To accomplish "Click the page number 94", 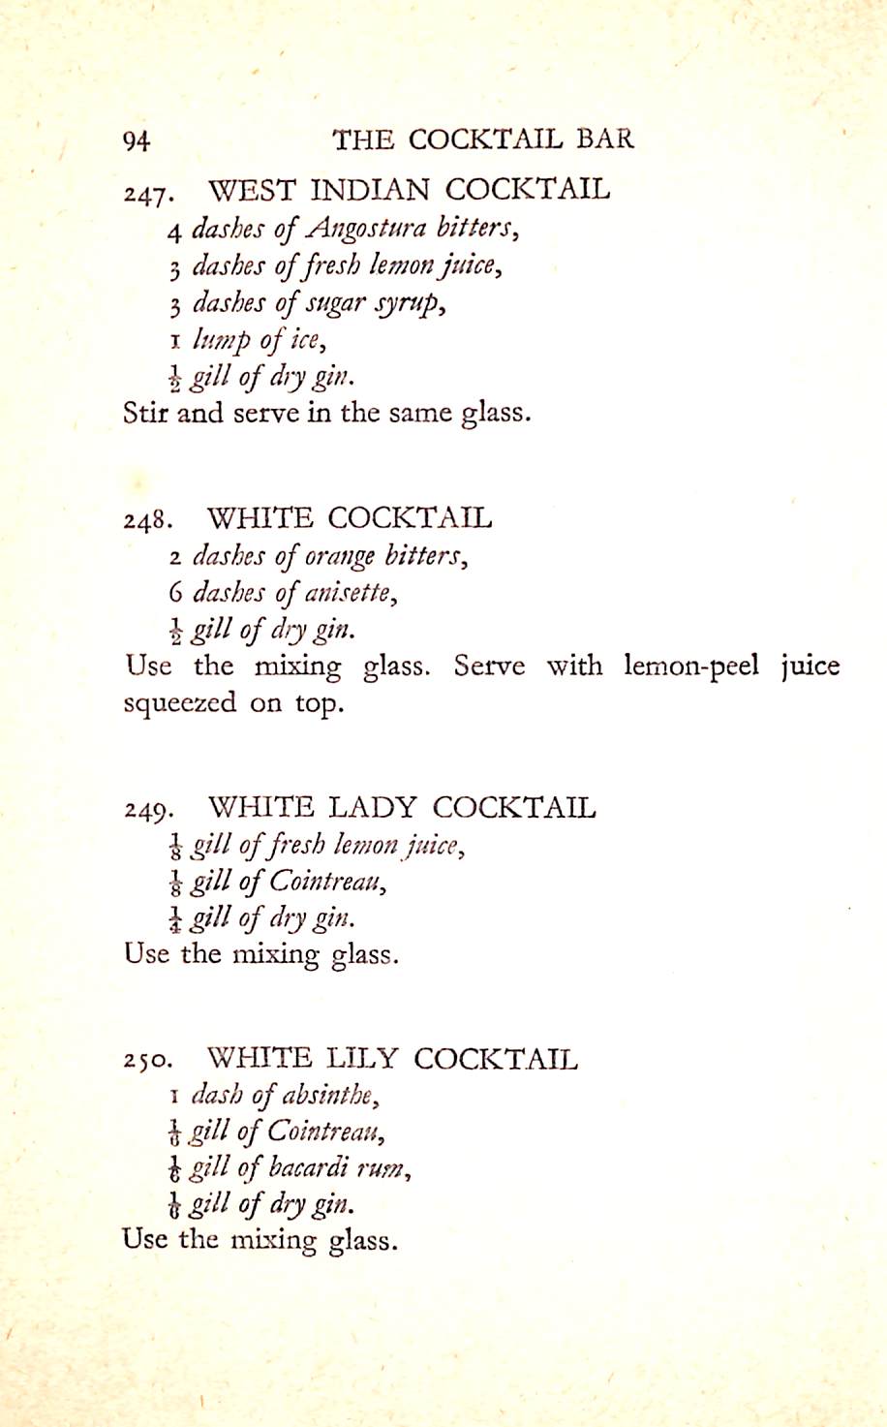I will (x=137, y=141).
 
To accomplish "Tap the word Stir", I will (x=145, y=413).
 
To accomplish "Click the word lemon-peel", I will (x=691, y=667).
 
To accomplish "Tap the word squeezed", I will (x=179, y=704).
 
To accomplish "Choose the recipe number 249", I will (x=148, y=810).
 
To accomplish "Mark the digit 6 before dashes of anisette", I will (x=174, y=592).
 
